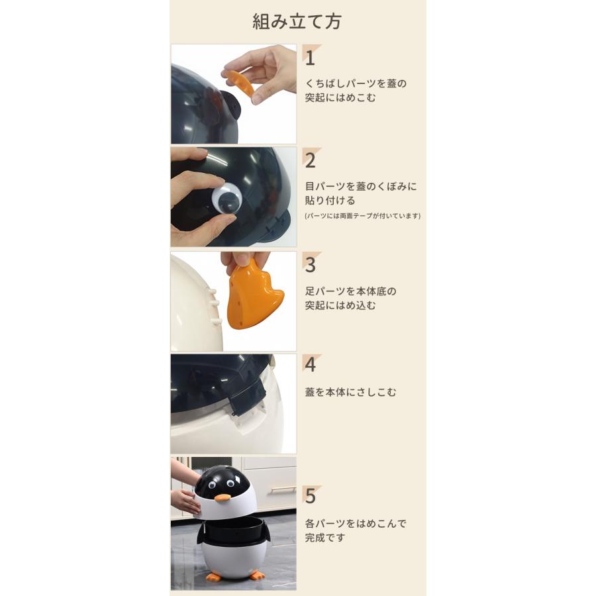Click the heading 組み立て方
(x=297, y=21)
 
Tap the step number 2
(x=310, y=160)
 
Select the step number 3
(x=310, y=264)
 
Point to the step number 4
(x=310, y=364)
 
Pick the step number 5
(x=310, y=495)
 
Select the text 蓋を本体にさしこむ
(x=350, y=392)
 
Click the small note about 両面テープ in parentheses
(x=362, y=216)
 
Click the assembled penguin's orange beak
(x=223, y=497)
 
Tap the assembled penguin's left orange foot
(x=213, y=577)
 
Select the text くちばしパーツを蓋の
(x=356, y=84)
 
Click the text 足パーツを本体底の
(x=351, y=291)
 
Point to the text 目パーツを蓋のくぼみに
(x=361, y=186)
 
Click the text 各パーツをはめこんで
(x=356, y=523)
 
